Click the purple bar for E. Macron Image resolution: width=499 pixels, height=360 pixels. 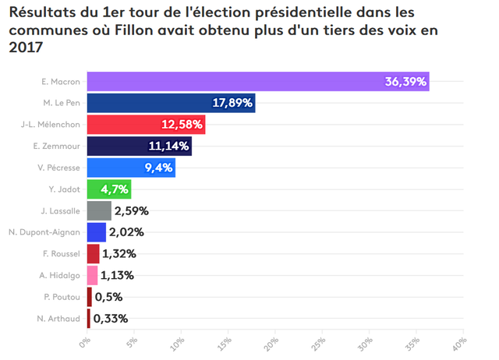258,81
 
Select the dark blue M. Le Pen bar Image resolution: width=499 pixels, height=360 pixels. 172,103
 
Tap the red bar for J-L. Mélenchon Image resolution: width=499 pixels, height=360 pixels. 146,125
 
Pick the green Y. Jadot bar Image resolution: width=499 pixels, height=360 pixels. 109,189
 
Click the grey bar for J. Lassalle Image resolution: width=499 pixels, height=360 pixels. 99,211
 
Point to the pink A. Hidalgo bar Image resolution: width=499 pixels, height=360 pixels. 92,275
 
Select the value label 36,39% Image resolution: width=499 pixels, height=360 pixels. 405,82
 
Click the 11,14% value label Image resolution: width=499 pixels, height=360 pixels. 168,146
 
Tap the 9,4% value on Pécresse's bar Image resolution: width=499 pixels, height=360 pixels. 158,168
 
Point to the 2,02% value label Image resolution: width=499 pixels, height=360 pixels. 126,232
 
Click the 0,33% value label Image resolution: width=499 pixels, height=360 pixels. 111,319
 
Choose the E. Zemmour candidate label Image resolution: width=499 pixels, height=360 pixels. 57,146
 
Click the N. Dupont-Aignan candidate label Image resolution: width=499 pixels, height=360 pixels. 44,232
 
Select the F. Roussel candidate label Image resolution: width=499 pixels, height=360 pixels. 62,254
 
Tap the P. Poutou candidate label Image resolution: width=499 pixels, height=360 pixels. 62,297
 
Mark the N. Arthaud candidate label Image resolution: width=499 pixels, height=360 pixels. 58,319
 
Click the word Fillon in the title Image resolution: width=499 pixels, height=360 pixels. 133,30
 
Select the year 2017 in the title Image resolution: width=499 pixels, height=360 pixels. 26,48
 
